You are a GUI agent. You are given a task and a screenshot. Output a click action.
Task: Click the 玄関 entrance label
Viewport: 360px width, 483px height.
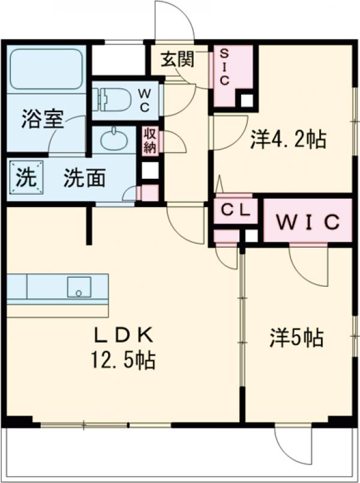pos(176,59)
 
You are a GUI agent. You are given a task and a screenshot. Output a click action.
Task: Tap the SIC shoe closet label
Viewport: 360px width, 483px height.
pos(223,66)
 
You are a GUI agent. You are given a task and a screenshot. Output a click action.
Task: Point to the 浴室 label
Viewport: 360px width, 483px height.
pos(43,119)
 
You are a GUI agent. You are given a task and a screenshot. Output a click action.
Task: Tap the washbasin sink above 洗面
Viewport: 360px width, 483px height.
pos(113,141)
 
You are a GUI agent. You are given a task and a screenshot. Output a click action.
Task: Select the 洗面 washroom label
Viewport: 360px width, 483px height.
pos(85,178)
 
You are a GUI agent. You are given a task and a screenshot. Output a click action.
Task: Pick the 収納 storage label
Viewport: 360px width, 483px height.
pos(150,142)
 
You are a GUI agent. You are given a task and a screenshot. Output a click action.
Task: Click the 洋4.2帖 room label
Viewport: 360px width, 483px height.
pos(288,140)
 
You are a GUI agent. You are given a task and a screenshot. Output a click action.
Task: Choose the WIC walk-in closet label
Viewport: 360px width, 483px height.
pos(308,221)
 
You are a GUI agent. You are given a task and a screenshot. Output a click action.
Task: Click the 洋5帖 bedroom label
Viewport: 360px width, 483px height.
pos(296,338)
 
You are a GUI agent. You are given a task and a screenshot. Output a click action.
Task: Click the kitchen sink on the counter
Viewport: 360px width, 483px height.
pos(79,287)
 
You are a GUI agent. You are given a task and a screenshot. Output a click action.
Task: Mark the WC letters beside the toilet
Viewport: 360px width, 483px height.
pos(145,100)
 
